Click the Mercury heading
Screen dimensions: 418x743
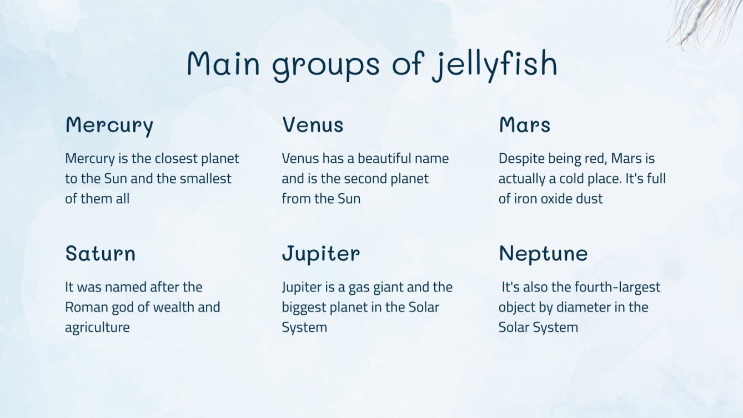click(x=109, y=125)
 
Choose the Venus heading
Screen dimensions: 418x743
click(x=313, y=125)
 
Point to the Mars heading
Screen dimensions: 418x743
click(x=524, y=125)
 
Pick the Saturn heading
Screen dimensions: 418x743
click(x=101, y=254)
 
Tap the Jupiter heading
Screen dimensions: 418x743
click(x=321, y=254)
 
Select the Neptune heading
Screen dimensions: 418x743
click(x=543, y=254)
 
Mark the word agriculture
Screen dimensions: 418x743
click(x=97, y=328)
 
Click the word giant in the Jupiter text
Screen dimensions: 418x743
click(x=386, y=288)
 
